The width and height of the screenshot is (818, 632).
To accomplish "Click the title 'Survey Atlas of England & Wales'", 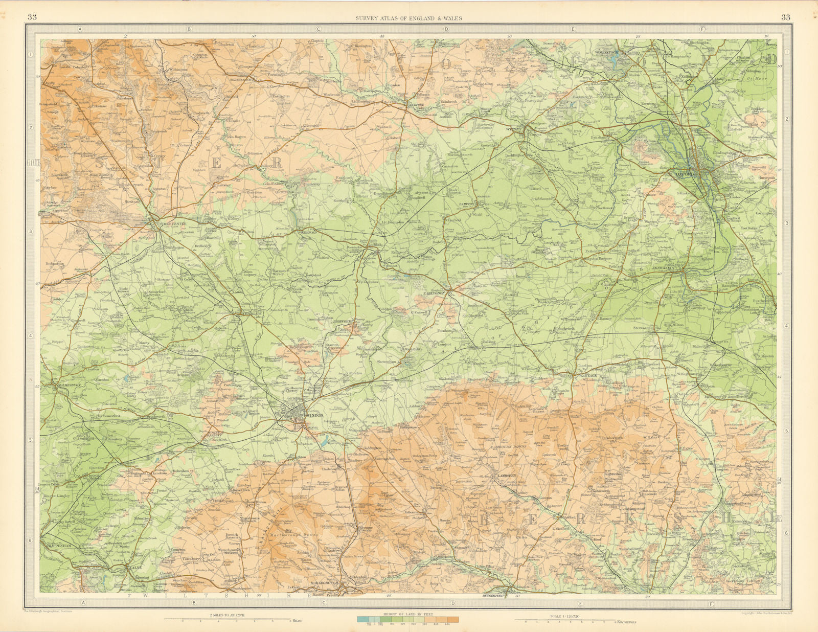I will (x=408, y=18).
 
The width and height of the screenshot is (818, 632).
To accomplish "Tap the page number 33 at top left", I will (x=32, y=17).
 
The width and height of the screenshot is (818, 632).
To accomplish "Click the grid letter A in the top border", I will (x=80, y=29).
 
